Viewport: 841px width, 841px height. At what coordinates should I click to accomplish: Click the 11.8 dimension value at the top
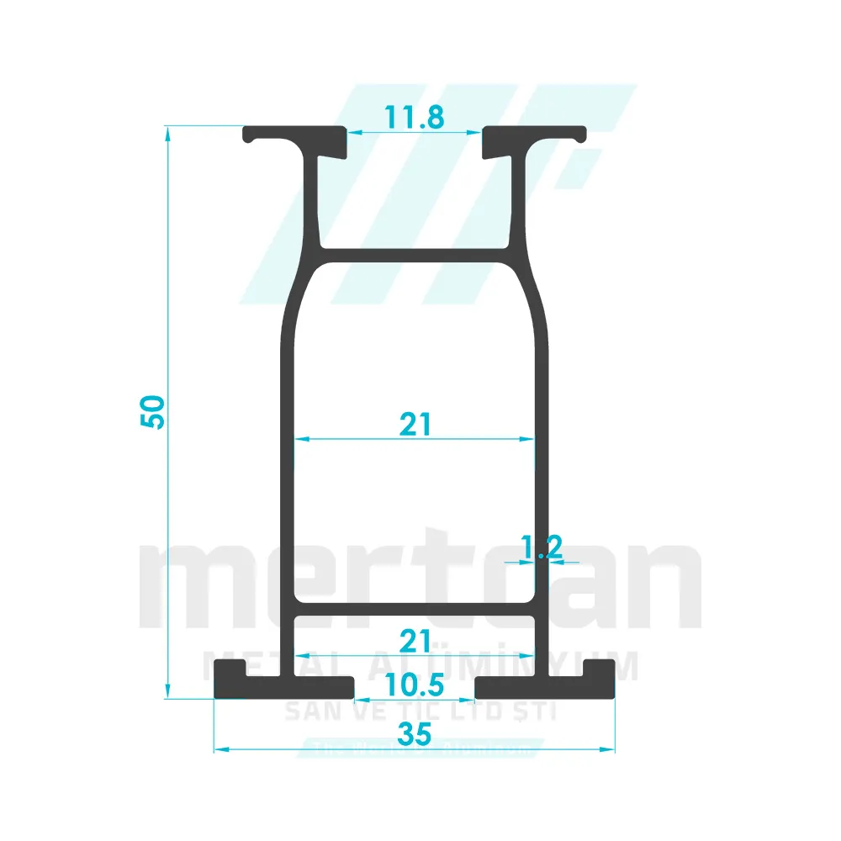click(x=415, y=118)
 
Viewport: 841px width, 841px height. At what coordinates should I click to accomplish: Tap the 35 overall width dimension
click(x=415, y=734)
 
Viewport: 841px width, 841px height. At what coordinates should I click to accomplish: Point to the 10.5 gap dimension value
click(x=415, y=685)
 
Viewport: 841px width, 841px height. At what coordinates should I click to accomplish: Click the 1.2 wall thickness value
click(x=542, y=547)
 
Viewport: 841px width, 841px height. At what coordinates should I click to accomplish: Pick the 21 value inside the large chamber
click(x=415, y=425)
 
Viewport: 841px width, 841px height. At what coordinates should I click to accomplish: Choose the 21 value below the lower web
click(x=415, y=642)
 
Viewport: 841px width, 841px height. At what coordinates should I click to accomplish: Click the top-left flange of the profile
click(x=294, y=134)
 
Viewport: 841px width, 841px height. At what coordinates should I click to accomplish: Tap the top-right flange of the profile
click(x=534, y=134)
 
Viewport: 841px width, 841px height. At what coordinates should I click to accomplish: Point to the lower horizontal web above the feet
click(x=415, y=608)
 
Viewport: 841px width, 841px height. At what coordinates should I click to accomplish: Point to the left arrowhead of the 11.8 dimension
click(x=354, y=132)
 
